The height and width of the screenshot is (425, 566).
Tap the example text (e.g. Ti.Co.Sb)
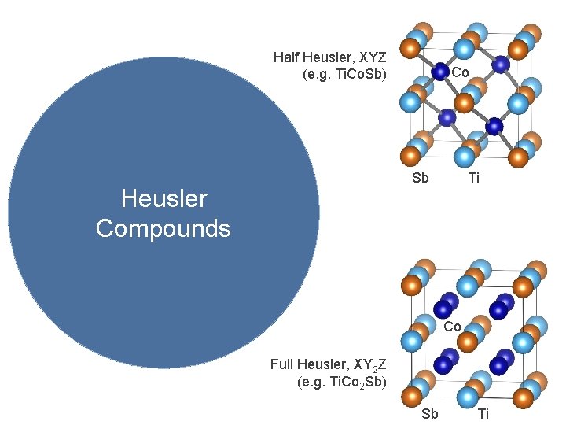[x=344, y=76]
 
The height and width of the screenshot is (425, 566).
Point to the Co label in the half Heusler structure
[x=461, y=72]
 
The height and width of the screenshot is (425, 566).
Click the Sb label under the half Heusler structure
[x=421, y=178]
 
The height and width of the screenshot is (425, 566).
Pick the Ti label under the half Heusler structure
[x=473, y=178]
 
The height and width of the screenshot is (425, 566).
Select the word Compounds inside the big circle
[x=164, y=228]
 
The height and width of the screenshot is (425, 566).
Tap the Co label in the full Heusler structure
[x=452, y=327]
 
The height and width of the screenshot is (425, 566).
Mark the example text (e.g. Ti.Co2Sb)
[x=341, y=383]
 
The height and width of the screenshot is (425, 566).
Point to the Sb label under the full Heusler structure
[x=430, y=414]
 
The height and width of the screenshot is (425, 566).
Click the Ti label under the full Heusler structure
[x=483, y=414]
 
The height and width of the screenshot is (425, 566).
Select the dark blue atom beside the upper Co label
[x=441, y=72]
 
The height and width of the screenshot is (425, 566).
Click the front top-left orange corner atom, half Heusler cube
[x=409, y=49]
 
